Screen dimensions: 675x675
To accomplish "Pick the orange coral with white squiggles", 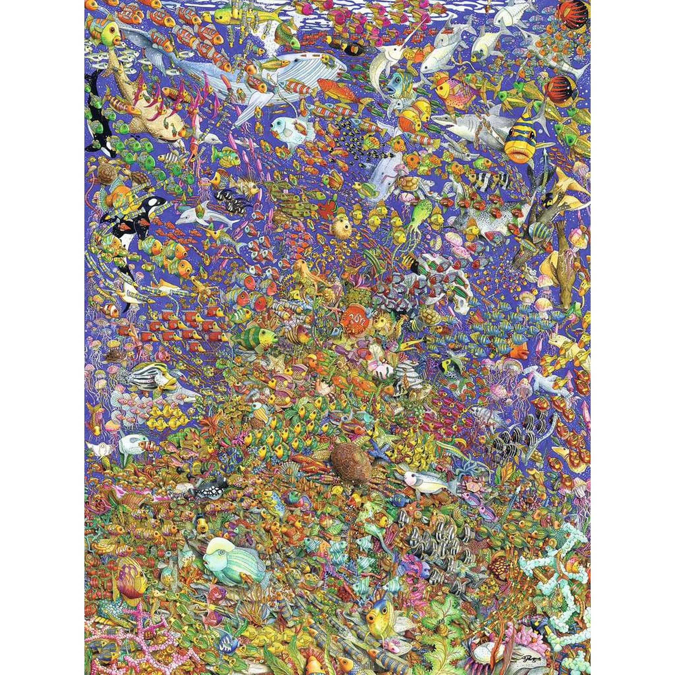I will coord(353,318).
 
